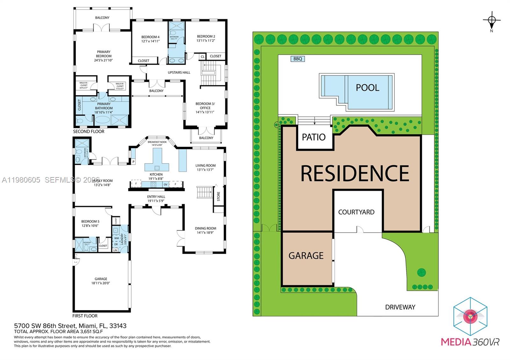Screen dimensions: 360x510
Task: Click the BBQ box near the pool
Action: click(298, 59)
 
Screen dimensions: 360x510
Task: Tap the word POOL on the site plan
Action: click(367, 88)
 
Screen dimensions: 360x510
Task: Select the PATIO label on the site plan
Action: click(314, 137)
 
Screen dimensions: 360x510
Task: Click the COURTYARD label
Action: click(356, 212)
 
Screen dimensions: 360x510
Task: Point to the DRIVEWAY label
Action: click(400, 307)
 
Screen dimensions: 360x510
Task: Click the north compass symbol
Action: click(492, 20)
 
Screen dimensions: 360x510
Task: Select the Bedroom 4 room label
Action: click(150, 39)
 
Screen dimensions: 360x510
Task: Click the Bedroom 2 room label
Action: click(206, 38)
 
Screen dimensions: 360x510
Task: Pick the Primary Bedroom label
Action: click(104, 56)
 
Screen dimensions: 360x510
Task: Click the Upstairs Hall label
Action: click(179, 72)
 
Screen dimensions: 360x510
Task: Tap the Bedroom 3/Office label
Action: click(205, 108)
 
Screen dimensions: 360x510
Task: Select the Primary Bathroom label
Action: click(104, 106)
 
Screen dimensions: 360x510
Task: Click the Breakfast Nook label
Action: click(157, 143)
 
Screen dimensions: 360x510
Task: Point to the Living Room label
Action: click(206, 167)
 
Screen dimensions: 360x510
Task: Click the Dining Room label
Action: click(206, 230)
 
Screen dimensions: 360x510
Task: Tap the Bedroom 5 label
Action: click(90, 223)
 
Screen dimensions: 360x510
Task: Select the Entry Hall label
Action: click(156, 198)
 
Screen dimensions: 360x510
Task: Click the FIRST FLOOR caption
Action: click(85, 316)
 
